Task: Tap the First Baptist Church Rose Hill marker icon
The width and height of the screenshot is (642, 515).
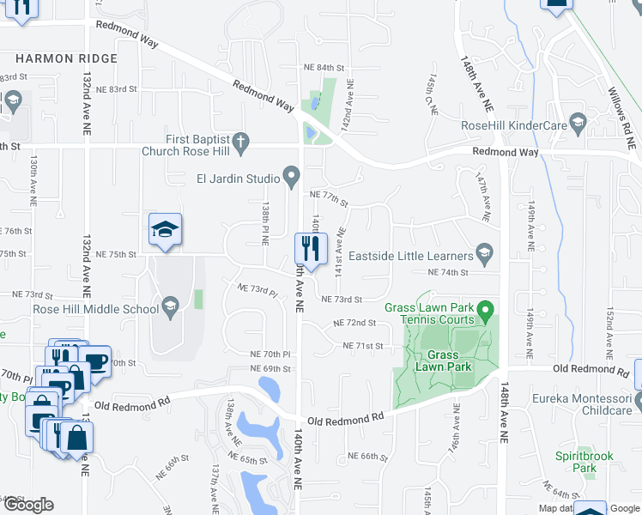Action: [x=241, y=140]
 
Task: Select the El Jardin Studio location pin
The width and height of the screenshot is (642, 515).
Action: [x=292, y=179]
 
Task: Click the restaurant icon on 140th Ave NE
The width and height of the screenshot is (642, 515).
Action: [x=307, y=250]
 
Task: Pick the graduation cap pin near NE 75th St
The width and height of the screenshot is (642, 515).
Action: [x=165, y=230]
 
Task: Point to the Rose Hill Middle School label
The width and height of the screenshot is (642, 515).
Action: [x=94, y=309]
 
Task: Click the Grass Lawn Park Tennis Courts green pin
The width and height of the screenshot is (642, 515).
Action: [x=486, y=308]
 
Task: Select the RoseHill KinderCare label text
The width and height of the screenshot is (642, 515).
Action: [x=514, y=125]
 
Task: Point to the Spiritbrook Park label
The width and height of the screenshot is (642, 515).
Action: [x=584, y=462]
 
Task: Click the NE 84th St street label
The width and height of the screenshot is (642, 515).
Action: [x=323, y=67]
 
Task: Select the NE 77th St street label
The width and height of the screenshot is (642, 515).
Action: [x=329, y=196]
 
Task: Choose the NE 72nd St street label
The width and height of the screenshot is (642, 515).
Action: [x=354, y=323]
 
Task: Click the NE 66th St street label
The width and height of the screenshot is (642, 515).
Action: [x=368, y=456]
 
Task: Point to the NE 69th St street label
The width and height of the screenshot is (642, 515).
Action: [x=271, y=368]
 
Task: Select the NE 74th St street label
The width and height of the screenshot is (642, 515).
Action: [x=448, y=272]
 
